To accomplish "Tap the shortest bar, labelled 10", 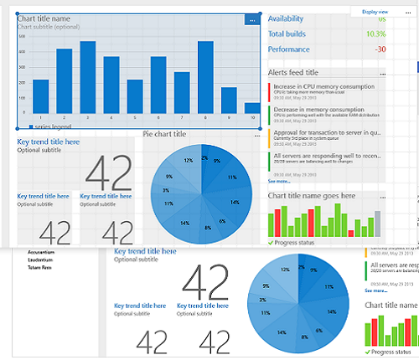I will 251,108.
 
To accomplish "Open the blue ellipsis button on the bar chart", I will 252,19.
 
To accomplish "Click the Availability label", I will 286,19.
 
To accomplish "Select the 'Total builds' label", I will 287,34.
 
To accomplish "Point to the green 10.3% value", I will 375,34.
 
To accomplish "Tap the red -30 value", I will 380,49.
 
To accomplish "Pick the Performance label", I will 288,49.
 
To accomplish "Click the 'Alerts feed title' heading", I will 292,73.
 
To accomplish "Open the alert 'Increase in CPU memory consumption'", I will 323,86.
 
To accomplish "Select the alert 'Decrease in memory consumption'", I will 318,110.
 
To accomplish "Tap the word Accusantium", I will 41,251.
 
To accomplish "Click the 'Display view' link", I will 375,12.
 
